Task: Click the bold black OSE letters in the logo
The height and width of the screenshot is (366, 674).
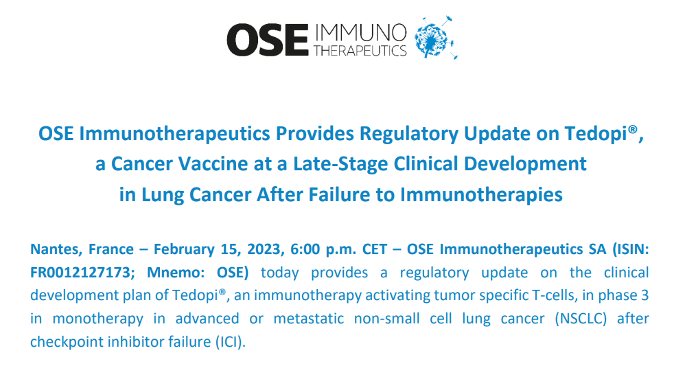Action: [268, 40]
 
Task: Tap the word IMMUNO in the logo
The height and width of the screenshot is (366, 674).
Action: [360, 33]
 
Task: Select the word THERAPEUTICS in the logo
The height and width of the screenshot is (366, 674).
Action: [360, 51]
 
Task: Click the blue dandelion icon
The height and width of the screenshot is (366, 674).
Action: [435, 38]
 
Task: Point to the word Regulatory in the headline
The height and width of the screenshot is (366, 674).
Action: [409, 134]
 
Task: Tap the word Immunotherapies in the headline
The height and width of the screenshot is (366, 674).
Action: [481, 195]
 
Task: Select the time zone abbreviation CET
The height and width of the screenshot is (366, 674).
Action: [375, 249]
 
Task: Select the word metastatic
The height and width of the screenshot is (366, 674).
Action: [309, 319]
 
